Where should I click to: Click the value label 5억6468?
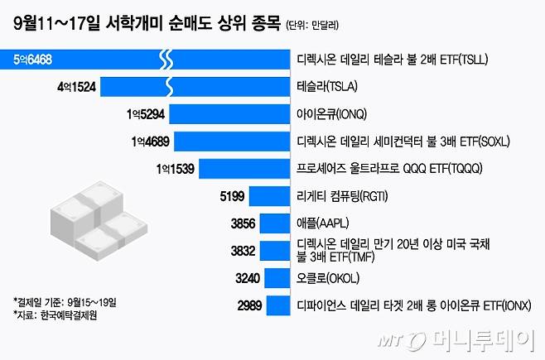coord(33,60)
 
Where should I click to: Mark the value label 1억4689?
coord(149,141)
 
